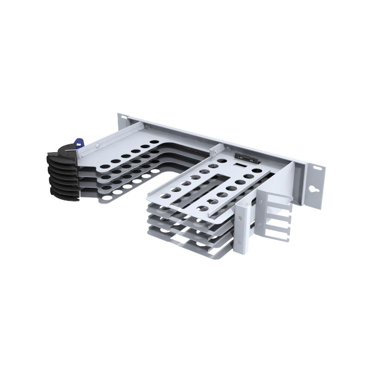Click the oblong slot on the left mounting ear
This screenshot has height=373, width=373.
click(124, 118)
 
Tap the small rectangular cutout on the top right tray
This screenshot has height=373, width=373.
click(239, 167)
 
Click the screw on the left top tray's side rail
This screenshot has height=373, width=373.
click(98, 145)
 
